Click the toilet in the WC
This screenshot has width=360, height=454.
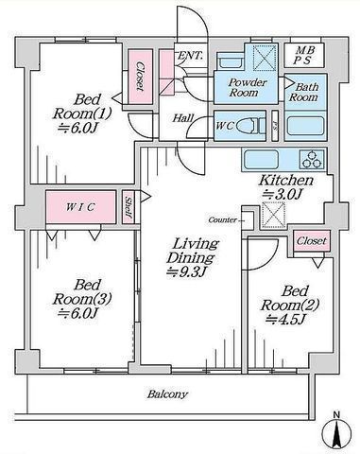click(247, 125)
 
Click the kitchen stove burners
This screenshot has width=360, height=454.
click(309, 157)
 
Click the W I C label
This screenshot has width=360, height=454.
click(78, 207)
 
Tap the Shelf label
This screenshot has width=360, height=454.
click(129, 207)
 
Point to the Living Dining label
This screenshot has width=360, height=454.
click(194, 251)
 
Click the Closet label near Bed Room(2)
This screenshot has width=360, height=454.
click(311, 241)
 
